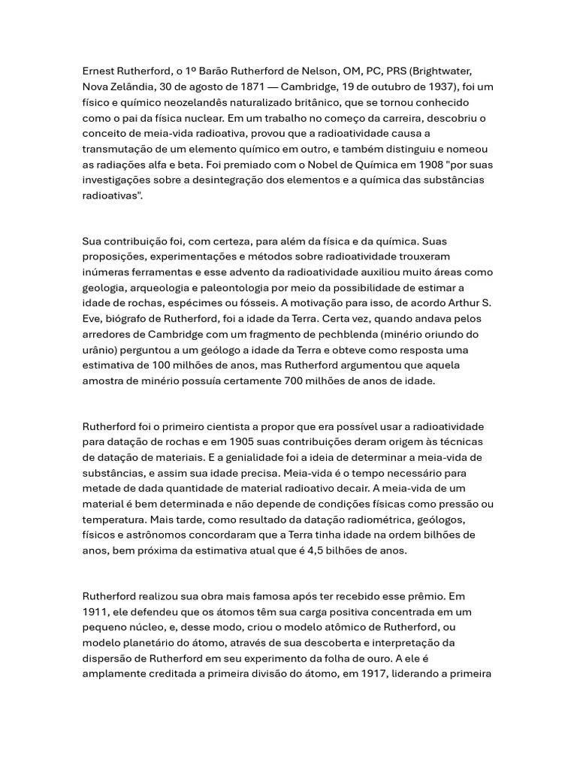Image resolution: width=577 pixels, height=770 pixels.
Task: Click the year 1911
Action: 95,612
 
